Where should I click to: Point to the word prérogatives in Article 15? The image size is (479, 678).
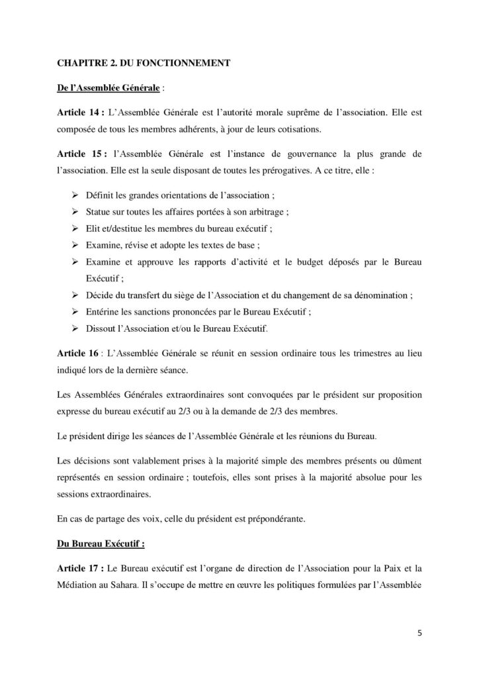click(x=259, y=171)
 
